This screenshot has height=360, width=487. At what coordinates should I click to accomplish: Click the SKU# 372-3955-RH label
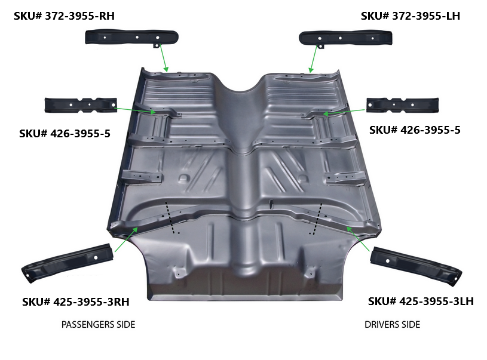[64, 16]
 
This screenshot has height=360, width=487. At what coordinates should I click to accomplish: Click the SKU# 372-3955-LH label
[411, 16]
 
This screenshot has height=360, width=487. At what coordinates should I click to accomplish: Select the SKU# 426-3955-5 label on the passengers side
[65, 134]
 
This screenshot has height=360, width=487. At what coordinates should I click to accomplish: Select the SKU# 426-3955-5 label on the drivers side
[415, 130]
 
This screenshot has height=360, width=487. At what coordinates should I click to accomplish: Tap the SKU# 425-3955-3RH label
[75, 301]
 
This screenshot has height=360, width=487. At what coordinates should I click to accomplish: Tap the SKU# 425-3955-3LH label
[421, 301]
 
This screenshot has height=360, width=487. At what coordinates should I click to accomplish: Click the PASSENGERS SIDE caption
[98, 325]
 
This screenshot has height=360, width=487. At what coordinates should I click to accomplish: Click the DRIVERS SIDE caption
[392, 325]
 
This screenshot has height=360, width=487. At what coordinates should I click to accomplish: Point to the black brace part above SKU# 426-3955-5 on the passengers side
[81, 105]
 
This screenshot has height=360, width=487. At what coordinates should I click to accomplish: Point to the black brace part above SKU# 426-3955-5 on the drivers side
[403, 105]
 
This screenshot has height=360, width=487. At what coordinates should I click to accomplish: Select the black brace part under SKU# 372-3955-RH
[131, 38]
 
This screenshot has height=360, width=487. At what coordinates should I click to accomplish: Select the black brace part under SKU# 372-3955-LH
[345, 38]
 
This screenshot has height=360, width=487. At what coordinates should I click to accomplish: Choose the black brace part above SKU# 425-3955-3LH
[416, 265]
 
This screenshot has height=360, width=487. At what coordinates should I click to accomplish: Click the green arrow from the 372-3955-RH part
[164, 59]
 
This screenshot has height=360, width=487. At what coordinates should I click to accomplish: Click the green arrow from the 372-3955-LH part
[313, 59]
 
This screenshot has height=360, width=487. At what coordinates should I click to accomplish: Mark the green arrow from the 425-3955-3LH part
[358, 239]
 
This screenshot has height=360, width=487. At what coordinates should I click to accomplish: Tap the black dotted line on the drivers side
[317, 219]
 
